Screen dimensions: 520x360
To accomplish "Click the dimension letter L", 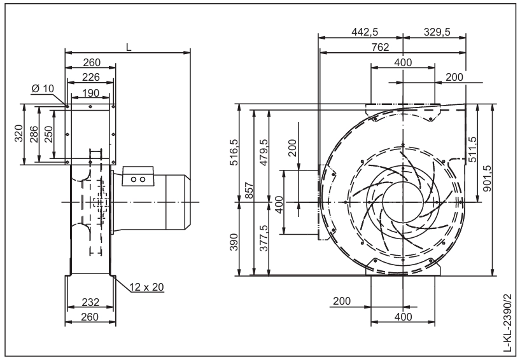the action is click(x=129, y=47).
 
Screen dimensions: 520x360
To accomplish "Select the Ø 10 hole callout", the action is click(x=43, y=88).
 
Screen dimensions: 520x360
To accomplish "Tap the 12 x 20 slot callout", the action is click(x=147, y=287).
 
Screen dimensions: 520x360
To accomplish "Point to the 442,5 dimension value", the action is click(x=365, y=32).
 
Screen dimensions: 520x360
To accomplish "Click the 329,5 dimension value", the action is click(x=437, y=32).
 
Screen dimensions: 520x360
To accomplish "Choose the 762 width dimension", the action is click(x=380, y=48).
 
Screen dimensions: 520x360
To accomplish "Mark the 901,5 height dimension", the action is click(x=487, y=177).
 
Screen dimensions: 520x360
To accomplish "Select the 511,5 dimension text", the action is click(x=472, y=149).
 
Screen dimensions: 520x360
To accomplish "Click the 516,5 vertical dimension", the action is click(x=234, y=152).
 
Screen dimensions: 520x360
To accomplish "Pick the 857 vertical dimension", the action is click(x=249, y=190).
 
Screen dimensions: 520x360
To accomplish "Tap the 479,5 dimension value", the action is click(x=264, y=152).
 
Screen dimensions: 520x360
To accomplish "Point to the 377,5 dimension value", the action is click(x=264, y=238).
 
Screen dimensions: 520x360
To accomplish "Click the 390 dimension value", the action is click(x=234, y=242).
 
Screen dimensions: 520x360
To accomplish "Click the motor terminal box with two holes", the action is click(x=138, y=176).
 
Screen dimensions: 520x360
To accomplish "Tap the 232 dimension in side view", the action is click(x=90, y=302).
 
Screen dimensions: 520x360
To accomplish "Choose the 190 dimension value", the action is click(x=90, y=93).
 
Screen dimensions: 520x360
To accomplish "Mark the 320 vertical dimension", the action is click(x=20, y=134).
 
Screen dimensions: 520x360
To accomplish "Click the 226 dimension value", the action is click(x=91, y=77).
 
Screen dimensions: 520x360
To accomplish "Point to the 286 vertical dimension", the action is click(x=34, y=134).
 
